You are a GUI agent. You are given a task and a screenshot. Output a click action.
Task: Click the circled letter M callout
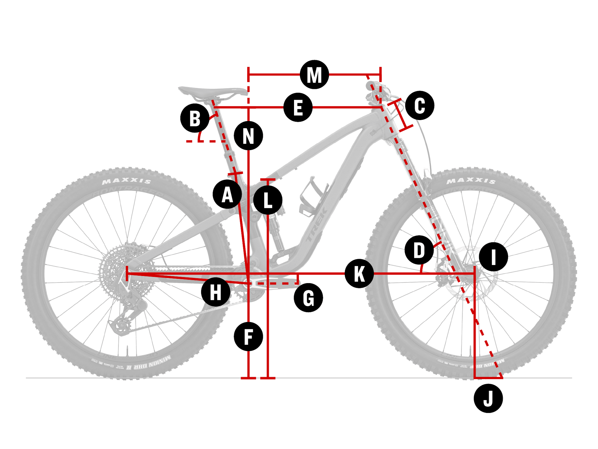tap(314, 75)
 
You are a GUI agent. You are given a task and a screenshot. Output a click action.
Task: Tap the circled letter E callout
tap(298, 107)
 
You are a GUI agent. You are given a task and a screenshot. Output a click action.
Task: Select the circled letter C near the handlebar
tap(420, 105)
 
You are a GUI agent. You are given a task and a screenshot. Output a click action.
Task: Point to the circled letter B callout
tap(195, 118)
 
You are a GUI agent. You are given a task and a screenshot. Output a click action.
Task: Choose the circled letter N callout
tap(248, 136)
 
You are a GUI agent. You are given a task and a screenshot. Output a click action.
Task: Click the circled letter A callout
tap(227, 194)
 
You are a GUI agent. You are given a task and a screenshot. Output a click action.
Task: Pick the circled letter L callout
tap(268, 200)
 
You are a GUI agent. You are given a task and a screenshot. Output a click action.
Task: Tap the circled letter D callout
tap(419, 250)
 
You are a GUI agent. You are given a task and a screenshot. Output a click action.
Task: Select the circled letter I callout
tap(493, 257)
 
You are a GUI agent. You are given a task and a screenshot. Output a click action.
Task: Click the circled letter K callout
tap(359, 273)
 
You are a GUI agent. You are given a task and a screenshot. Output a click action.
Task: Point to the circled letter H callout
tap(216, 292)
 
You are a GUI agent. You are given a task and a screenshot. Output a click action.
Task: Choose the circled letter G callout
tap(308, 298)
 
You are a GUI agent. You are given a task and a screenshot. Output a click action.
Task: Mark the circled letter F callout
tap(248, 337)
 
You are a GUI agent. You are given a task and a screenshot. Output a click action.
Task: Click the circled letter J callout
tap(488, 398)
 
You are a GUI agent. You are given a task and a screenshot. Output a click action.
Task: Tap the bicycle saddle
tap(212, 91)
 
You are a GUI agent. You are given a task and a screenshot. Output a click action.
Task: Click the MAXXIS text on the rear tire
tap(126, 181)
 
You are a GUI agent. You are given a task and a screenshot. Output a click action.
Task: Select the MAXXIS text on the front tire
tap(471, 181)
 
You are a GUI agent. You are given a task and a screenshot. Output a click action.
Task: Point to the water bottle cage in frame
tap(311, 196)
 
